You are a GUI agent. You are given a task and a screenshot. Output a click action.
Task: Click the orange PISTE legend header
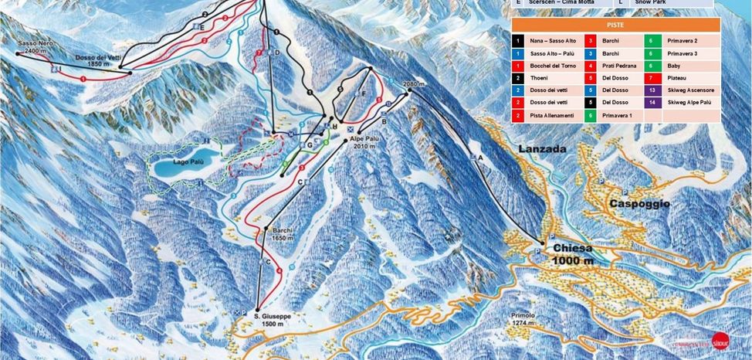(615, 25)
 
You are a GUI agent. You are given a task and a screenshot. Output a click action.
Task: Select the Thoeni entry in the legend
(538, 78)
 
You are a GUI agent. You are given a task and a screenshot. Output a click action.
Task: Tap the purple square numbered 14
(652, 102)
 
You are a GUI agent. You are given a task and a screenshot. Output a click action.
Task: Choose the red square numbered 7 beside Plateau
(652, 78)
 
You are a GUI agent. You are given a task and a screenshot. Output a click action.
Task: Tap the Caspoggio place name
(639, 204)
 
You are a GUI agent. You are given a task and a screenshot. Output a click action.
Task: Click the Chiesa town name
(572, 249)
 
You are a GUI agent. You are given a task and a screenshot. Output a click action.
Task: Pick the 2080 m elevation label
(414, 84)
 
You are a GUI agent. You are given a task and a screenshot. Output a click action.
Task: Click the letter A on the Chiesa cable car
(480, 157)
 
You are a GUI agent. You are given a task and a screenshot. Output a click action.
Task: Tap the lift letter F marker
(363, 93)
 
